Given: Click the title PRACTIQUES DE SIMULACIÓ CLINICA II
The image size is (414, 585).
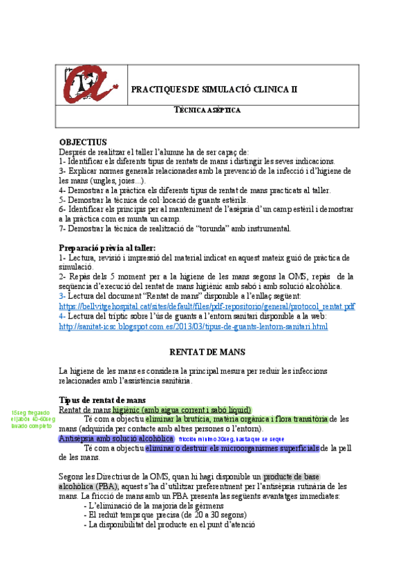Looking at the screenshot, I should (214, 90).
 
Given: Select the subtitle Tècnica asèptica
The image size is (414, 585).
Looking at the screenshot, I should (207, 110).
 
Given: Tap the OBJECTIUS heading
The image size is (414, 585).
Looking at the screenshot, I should (83, 142).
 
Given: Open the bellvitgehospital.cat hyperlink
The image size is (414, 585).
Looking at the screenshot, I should (207, 306).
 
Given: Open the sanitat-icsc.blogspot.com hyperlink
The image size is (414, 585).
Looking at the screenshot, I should (194, 326).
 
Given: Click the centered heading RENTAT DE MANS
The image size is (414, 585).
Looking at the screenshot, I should (207, 352).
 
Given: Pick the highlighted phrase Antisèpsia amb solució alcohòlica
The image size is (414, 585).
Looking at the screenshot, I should (116, 439).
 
